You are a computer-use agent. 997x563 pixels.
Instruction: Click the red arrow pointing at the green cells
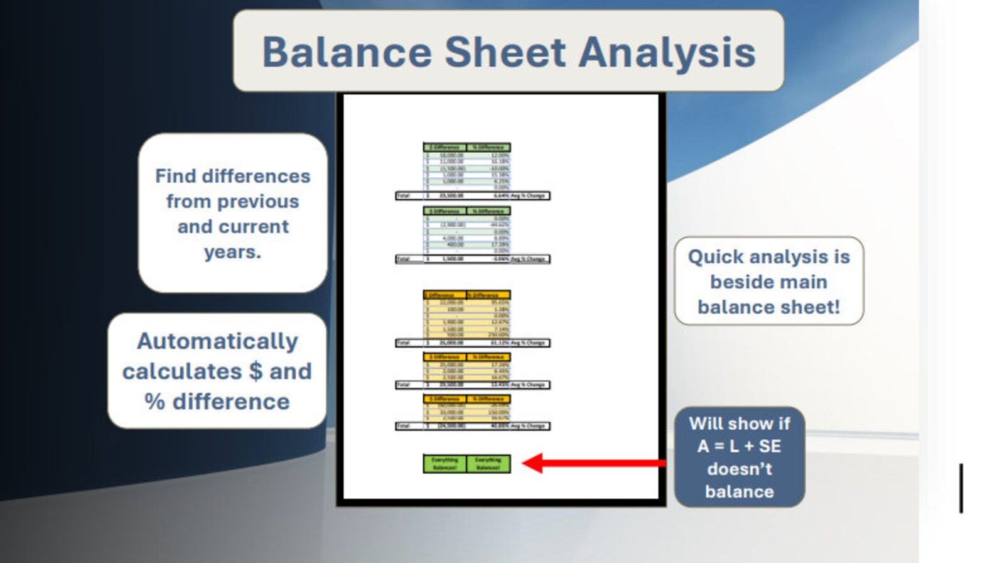click(x=593, y=464)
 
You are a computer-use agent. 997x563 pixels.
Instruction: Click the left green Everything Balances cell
click(x=445, y=464)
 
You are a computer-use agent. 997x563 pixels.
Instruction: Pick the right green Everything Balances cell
click(x=488, y=464)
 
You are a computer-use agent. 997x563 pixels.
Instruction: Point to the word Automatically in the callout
click(x=217, y=341)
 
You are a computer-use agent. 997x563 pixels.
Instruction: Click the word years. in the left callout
click(x=232, y=252)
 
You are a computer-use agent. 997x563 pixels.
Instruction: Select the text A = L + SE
click(x=739, y=446)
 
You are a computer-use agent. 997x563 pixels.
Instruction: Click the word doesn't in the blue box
click(x=739, y=469)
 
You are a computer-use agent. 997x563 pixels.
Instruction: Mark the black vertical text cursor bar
click(x=961, y=488)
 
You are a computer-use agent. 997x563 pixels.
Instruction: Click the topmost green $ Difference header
click(x=445, y=147)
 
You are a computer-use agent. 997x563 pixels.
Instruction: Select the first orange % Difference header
click(x=488, y=295)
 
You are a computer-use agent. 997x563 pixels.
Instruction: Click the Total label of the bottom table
click(x=403, y=426)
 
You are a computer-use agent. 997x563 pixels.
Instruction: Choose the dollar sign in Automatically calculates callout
click(x=256, y=371)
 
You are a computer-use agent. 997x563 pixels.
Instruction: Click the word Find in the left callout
click(x=176, y=176)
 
